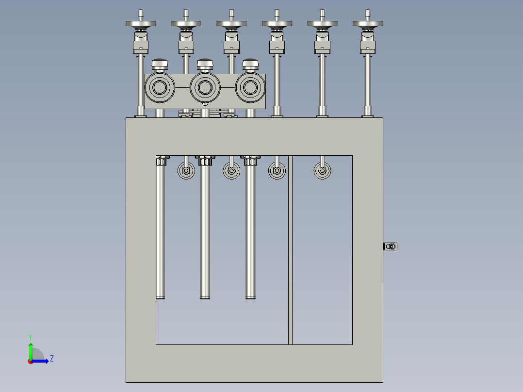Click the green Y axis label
tap(31, 337)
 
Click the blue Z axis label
tap(52, 359)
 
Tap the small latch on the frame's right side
tap(390, 246)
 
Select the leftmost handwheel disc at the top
tap(141, 23)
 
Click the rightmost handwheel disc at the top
tap(368, 23)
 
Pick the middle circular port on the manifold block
tap(205, 88)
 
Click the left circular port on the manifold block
tap(160, 88)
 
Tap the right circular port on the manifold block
tap(250, 88)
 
